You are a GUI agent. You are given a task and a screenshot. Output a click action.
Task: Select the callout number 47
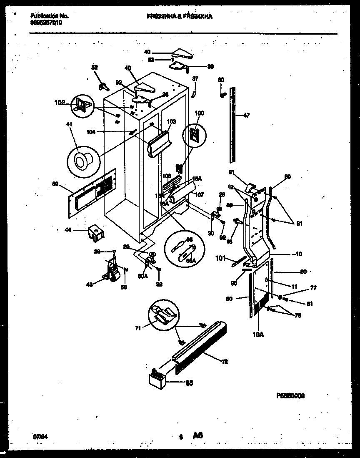pyautogui.click(x=247, y=116)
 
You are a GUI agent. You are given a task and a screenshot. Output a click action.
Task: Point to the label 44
pyautogui.click(x=67, y=229)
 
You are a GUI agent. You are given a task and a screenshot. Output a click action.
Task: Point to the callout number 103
pyautogui.click(x=171, y=122)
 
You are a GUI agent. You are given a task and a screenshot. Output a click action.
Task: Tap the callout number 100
pyautogui.click(x=200, y=113)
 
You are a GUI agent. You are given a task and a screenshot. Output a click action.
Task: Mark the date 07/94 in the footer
pyautogui.click(x=38, y=437)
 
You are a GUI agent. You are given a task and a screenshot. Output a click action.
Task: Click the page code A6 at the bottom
pyautogui.click(x=197, y=435)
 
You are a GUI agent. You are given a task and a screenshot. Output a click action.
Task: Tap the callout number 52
pyautogui.click(x=95, y=67)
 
